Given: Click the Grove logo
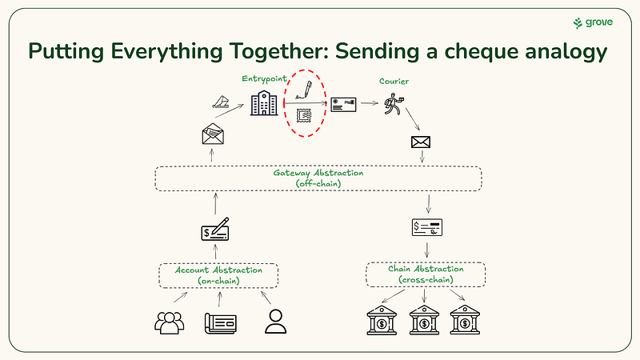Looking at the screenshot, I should [593, 22].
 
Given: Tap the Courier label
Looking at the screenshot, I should [394, 81].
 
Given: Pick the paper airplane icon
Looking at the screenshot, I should [222, 102].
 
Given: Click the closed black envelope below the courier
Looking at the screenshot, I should [421, 142].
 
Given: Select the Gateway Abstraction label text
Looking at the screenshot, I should [318, 178].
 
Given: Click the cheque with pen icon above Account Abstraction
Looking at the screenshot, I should [215, 230].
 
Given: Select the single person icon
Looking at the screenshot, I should [275, 321].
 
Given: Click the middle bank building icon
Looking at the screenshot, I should [422, 322].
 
